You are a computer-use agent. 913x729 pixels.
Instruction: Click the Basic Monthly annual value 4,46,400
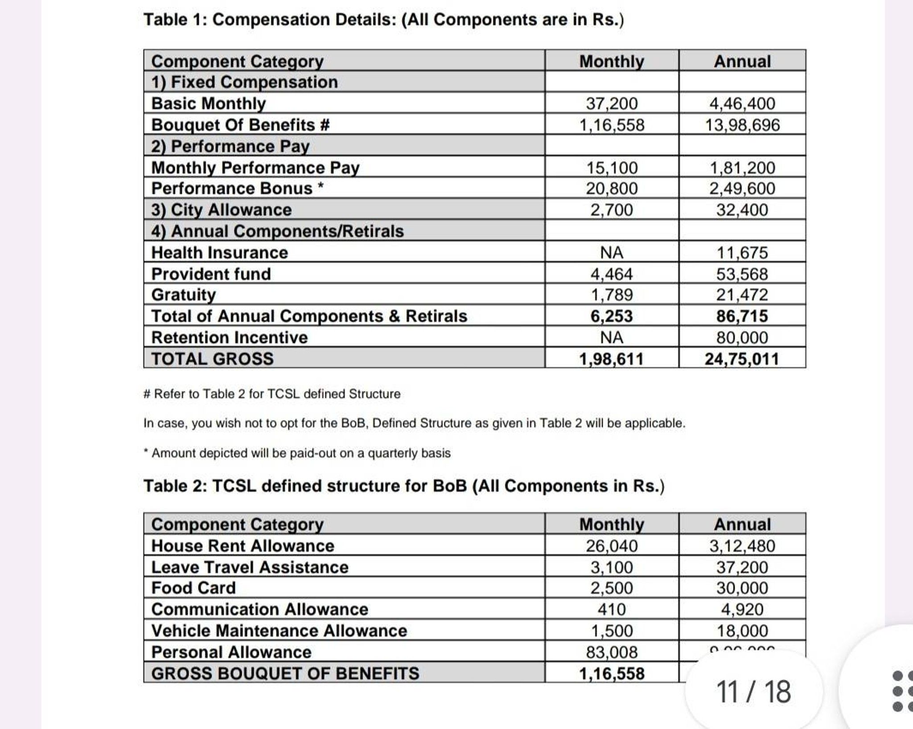pyautogui.click(x=742, y=103)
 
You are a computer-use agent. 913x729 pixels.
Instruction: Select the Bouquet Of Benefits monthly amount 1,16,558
pyautogui.click(x=612, y=125)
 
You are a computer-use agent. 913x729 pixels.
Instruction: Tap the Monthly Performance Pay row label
pyautogui.click(x=255, y=168)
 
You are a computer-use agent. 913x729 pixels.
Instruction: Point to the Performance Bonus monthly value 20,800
pyautogui.click(x=612, y=189)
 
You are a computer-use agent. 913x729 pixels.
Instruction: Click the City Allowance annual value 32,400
pyautogui.click(x=742, y=210)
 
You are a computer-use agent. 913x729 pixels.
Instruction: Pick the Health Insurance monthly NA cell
pyautogui.click(x=612, y=253)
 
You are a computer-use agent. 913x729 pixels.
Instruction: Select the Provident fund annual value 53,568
pyautogui.click(x=742, y=274)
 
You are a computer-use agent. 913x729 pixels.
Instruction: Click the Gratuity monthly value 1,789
pyautogui.click(x=612, y=295)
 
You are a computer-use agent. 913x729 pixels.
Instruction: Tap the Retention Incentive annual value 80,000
pyautogui.click(x=742, y=338)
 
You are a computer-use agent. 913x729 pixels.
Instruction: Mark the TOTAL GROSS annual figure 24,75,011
pyautogui.click(x=742, y=359)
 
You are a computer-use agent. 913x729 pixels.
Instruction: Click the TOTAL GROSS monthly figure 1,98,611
pyautogui.click(x=612, y=359)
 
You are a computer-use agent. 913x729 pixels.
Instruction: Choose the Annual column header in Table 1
pyautogui.click(x=742, y=61)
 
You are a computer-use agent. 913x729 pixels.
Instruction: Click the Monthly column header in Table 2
pyautogui.click(x=612, y=524)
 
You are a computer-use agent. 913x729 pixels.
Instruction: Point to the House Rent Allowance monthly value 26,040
pyautogui.click(x=612, y=546)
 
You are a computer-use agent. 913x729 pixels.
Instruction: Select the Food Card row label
pyautogui.click(x=193, y=588)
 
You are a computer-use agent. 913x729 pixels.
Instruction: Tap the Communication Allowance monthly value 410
pyautogui.click(x=612, y=610)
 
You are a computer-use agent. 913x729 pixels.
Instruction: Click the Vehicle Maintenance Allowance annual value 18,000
pyautogui.click(x=742, y=631)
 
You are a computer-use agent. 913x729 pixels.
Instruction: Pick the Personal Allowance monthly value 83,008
pyautogui.click(x=612, y=652)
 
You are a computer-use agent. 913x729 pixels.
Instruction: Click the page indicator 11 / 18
pyautogui.click(x=753, y=692)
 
